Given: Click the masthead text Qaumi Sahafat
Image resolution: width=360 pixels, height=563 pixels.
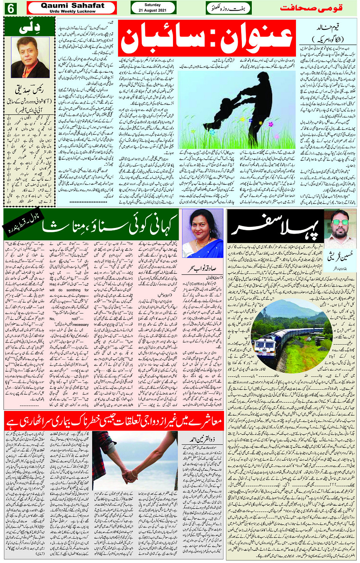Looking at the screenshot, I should click(72, 5).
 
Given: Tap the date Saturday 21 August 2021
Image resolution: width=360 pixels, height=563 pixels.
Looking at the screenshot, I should click(153, 8).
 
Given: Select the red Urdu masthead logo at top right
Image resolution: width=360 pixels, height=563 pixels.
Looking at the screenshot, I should click(311, 8).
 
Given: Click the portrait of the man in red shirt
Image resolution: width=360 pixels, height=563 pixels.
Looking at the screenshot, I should click(30, 57).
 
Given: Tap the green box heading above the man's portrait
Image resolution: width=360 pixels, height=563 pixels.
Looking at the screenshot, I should click(30, 27).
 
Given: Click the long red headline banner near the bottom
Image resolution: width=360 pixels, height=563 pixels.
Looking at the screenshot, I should click(114, 421).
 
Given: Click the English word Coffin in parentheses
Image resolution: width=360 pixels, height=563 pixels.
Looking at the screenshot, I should click(197, 284).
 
